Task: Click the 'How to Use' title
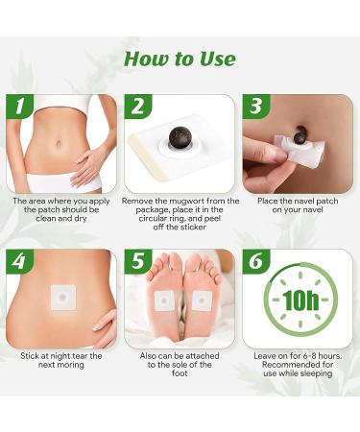(180, 60)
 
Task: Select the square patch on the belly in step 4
(64, 298)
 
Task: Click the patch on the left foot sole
(165, 300)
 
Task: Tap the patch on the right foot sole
(201, 300)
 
